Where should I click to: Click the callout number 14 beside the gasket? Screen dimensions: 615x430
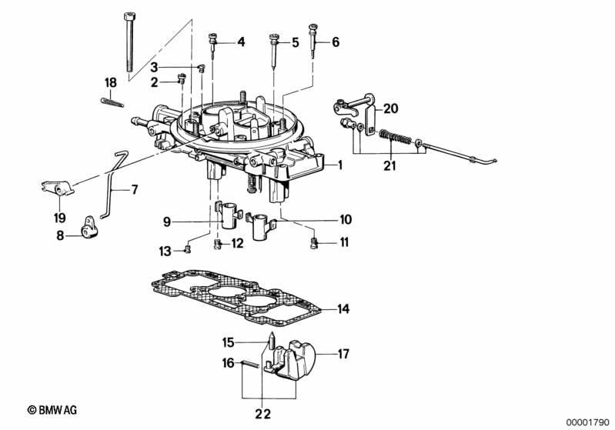(343, 309)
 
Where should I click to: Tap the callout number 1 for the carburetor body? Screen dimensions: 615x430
(340, 165)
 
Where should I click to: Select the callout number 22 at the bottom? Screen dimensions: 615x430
(262, 414)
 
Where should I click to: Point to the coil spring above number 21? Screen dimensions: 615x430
(396, 138)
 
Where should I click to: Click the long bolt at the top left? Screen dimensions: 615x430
(129, 42)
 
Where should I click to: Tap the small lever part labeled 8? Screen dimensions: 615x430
(90, 228)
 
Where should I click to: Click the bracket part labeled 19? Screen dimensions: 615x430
(58, 188)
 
